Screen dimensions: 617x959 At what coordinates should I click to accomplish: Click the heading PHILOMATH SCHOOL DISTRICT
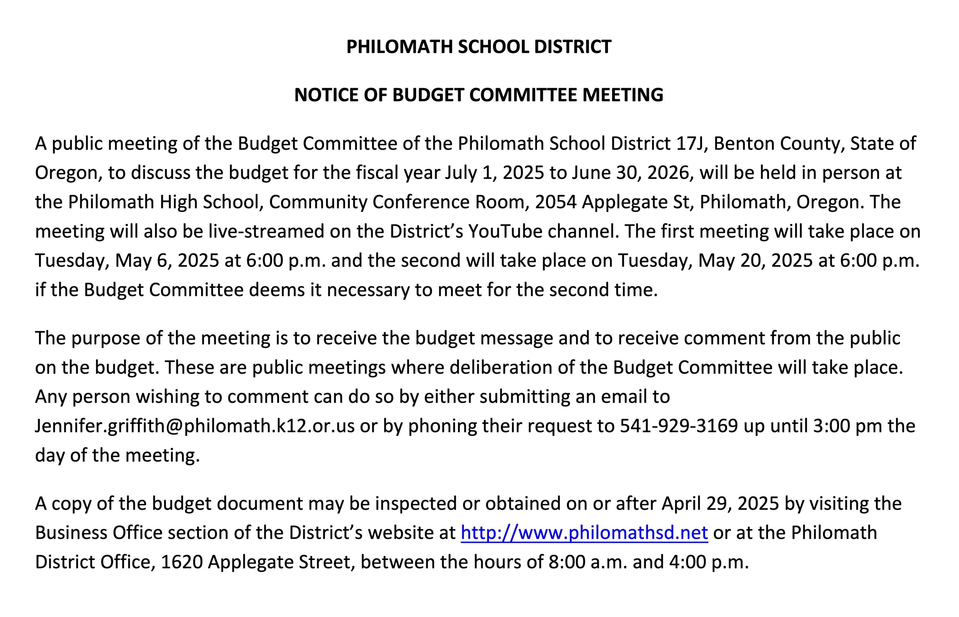point(478,46)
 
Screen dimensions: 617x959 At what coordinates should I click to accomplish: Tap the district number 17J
point(692,143)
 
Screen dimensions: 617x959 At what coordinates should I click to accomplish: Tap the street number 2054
point(556,202)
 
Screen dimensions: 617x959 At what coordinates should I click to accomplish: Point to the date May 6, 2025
point(167,261)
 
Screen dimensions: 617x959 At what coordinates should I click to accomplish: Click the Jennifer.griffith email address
point(195,426)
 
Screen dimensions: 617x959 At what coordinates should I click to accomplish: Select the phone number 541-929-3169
point(679,426)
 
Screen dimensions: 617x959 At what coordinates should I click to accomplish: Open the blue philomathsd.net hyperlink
point(584,533)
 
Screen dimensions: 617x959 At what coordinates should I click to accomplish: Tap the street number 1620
point(181,562)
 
